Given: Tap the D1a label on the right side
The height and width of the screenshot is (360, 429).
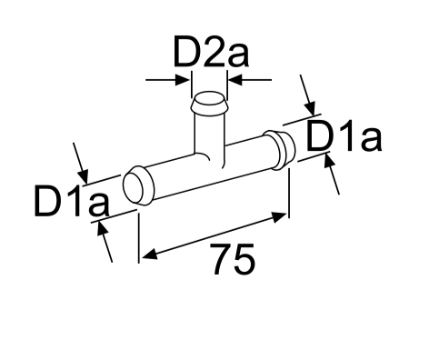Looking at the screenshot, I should tap(343, 137).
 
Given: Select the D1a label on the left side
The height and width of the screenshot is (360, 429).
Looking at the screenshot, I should tap(70, 202).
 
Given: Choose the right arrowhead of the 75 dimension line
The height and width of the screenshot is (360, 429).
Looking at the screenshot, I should tap(281, 215).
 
